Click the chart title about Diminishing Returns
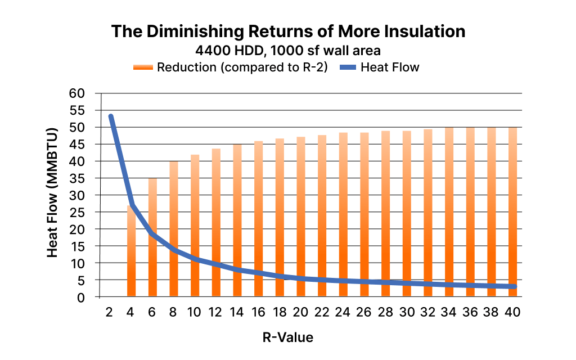[288, 31]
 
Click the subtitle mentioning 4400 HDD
[288, 51]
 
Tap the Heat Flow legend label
[390, 67]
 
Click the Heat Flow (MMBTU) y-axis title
[52, 195]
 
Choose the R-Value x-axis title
[287, 337]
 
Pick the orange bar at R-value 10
[195, 226]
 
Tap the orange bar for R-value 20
[301, 217]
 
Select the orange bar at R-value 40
[512, 211]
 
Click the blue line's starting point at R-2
[111, 116]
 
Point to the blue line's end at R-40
[513, 286]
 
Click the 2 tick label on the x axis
[110, 310]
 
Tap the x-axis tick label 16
[258, 310]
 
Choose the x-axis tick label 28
[385, 310]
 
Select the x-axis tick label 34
[449, 310]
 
